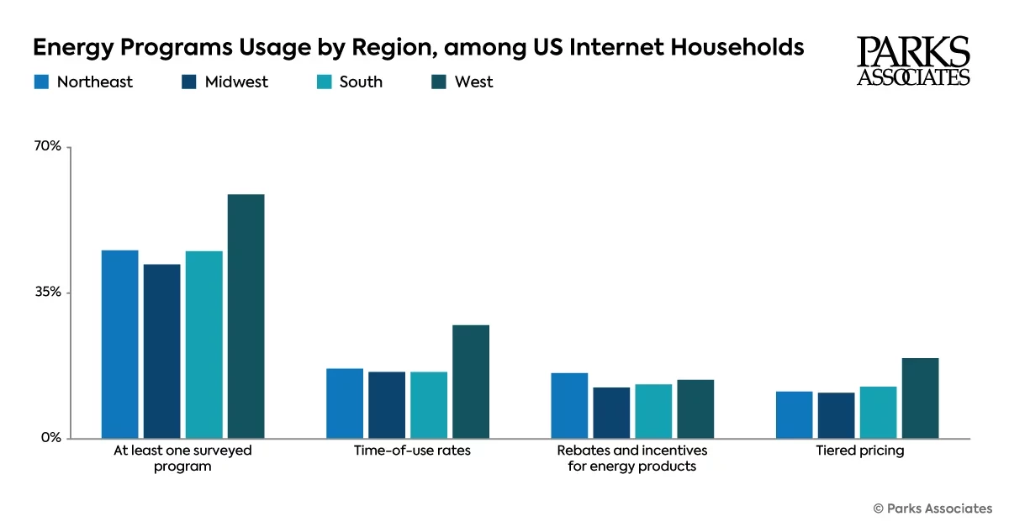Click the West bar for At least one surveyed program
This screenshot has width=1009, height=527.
[246, 316]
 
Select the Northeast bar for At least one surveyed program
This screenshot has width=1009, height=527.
[119, 344]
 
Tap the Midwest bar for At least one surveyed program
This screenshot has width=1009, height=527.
[161, 350]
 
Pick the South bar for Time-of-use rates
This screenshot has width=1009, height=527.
[429, 404]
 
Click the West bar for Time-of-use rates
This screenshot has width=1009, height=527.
[471, 381]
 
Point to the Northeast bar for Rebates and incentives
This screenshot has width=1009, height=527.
[569, 405]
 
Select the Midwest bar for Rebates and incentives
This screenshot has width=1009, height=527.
[611, 412]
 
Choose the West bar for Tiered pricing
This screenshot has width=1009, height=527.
[920, 398]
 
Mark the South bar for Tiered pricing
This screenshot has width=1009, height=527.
[878, 412]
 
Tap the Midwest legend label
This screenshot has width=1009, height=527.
[236, 82]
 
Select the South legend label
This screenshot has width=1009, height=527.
[361, 82]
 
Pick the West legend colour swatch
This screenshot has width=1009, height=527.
[438, 82]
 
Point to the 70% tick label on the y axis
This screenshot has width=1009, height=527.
[48, 146]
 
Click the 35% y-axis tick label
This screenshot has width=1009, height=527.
[48, 292]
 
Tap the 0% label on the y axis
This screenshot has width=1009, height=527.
[52, 438]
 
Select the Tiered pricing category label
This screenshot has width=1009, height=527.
[859, 451]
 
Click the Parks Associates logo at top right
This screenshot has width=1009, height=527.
[913, 61]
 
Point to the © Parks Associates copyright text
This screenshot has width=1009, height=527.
[932, 508]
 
